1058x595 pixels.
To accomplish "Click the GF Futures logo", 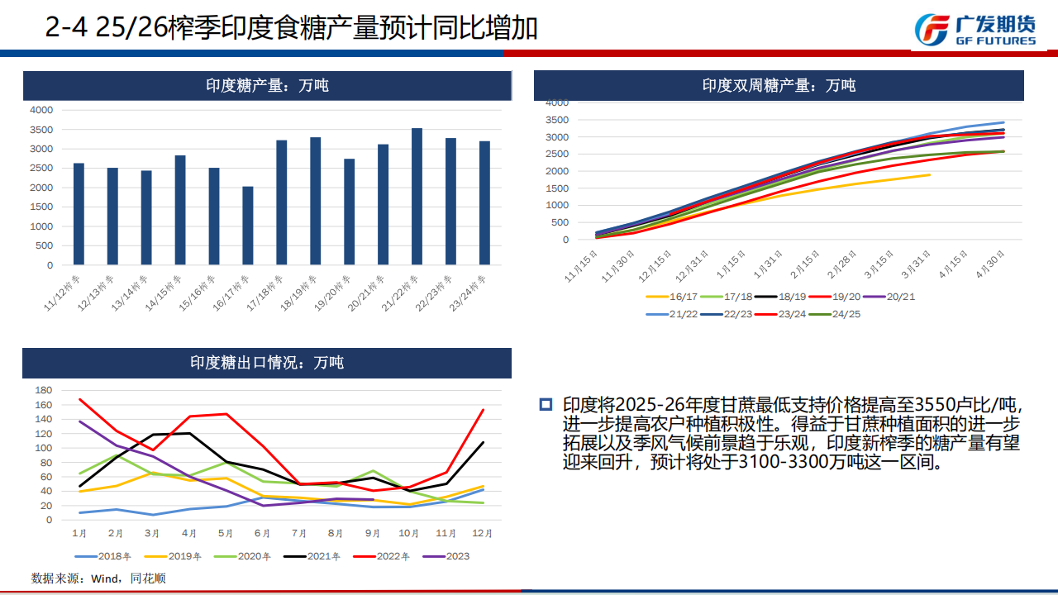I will point(975,30).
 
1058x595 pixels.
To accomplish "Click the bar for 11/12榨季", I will point(79,214).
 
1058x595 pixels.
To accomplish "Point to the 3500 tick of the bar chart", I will point(41,130).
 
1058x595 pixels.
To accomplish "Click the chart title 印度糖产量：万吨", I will point(267,85).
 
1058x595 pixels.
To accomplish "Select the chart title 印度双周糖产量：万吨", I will point(779,85).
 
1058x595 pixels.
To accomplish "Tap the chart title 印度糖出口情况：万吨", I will point(267,363).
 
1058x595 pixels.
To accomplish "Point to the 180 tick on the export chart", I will point(44,390).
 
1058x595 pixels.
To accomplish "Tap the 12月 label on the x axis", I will point(483,534).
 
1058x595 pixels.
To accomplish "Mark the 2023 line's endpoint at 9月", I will point(374,500).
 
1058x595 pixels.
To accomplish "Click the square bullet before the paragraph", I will point(546,404).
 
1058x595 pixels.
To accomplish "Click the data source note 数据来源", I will point(98,578).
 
